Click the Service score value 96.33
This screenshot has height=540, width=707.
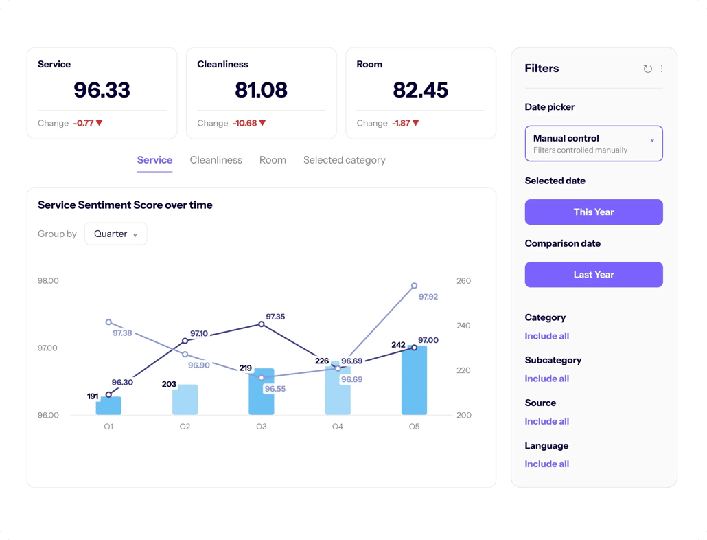pos(102,90)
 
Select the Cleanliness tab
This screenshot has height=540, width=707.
pos(216,160)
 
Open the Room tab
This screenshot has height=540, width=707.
pos(273,160)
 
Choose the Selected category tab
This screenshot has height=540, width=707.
pos(345,160)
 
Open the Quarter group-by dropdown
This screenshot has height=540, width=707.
pos(116,234)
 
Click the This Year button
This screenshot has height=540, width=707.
pos(594,212)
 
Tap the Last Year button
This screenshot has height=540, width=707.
pos(594,275)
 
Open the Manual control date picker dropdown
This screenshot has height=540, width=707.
pos(594,144)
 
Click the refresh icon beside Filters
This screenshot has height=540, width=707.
pos(647,69)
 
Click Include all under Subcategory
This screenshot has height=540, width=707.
pos(547,379)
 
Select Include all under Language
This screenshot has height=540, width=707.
pos(547,464)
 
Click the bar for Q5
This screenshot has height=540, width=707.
pos(415,381)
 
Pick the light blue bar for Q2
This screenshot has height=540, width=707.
pos(185,400)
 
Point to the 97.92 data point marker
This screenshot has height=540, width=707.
pos(415,286)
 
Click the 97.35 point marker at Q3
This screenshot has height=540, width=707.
pos(262,324)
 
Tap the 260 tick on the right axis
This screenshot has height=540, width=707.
pos(463,280)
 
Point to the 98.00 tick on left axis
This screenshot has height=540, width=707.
pos(48,280)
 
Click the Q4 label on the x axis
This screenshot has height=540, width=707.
pos(338,427)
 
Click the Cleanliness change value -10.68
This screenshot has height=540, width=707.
pos(245,123)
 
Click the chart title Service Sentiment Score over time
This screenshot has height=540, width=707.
pos(126,205)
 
